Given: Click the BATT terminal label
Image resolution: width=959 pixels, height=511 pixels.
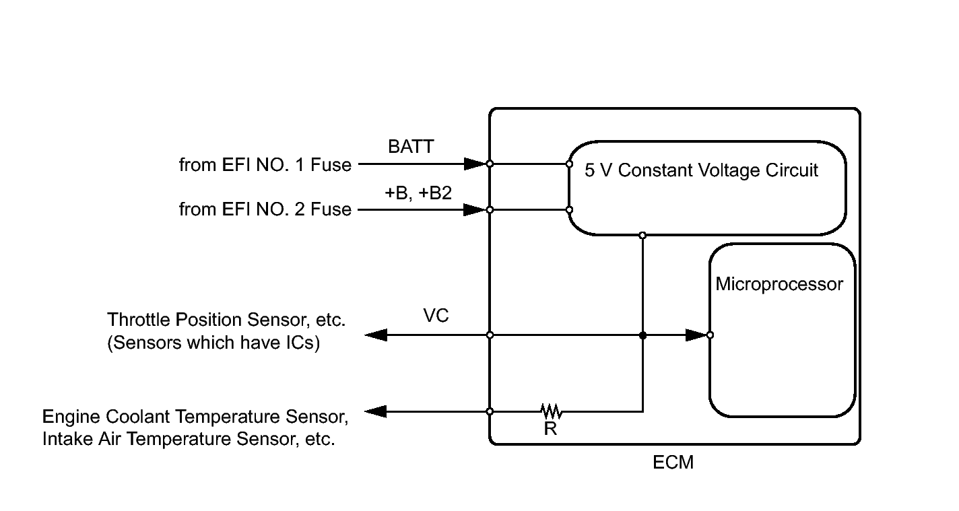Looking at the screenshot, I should (x=410, y=147).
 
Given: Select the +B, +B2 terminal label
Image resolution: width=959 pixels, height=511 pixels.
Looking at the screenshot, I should (x=418, y=193).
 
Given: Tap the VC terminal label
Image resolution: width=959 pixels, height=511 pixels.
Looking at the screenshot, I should (x=436, y=316).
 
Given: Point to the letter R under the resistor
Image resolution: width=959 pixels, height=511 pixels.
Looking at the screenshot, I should (x=550, y=429).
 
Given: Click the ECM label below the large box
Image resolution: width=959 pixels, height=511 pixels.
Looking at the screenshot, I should (x=673, y=463).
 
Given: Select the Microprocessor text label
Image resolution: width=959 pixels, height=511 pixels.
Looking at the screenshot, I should (x=779, y=284).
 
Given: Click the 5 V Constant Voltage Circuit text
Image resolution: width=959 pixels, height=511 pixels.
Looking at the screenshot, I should (x=701, y=170).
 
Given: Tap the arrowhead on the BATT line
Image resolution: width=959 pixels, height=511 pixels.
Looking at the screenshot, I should (x=475, y=164).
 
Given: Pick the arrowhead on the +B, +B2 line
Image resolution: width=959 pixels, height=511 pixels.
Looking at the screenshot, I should (x=475, y=210).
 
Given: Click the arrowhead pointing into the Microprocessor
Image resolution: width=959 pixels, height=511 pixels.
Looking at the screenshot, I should (x=696, y=335).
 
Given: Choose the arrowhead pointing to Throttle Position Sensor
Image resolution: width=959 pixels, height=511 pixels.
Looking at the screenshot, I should (x=376, y=335).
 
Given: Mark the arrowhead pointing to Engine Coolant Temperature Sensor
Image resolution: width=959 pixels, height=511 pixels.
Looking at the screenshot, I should (x=376, y=411).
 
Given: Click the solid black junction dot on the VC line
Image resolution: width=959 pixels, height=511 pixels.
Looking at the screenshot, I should (x=642, y=335).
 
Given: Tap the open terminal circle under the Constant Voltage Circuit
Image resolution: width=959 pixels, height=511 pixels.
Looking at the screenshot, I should (x=642, y=235).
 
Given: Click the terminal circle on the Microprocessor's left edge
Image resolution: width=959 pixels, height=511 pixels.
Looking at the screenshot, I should (x=710, y=335).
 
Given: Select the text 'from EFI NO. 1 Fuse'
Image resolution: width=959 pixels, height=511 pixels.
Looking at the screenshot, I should (x=265, y=165).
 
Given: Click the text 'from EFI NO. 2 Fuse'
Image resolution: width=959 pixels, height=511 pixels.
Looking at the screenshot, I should (x=265, y=209).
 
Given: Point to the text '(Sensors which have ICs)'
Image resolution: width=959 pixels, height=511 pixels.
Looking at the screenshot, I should (x=213, y=343).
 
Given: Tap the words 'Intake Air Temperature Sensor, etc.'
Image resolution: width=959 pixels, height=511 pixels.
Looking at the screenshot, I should (x=188, y=440).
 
